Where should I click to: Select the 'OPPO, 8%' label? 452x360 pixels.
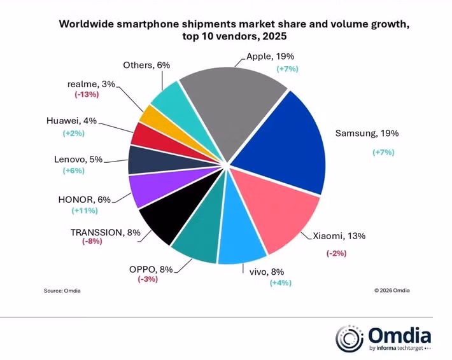(x=150, y=268)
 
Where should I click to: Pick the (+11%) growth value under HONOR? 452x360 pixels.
(x=86, y=210)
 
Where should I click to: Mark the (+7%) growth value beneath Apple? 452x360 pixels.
(x=286, y=68)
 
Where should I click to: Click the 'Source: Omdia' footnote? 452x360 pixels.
(x=62, y=291)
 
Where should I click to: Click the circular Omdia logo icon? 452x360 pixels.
(x=350, y=338)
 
